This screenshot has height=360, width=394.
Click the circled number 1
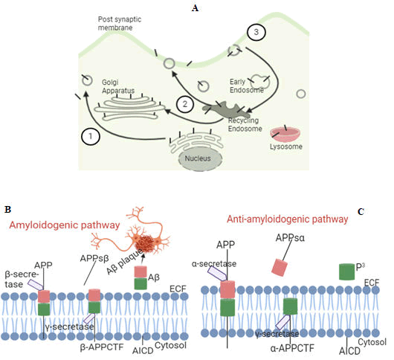[x=91, y=137]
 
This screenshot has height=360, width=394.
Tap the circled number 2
[x=185, y=104]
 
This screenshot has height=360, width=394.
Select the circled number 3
[x=256, y=32]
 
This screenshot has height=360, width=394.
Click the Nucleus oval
[x=200, y=158]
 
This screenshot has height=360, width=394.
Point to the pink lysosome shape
[x=285, y=135]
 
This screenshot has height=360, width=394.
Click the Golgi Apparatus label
[x=118, y=86]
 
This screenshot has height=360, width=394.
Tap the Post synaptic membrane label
[x=120, y=23]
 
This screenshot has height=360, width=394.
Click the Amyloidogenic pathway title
[x=65, y=225]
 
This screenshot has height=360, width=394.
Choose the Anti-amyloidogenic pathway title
[x=287, y=219]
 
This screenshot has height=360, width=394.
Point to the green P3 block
[x=346, y=271]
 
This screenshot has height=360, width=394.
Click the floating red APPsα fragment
[x=280, y=267]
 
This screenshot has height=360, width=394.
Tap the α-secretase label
[x=214, y=264]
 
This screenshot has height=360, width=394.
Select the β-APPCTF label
[x=102, y=347]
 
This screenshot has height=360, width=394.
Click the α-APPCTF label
[x=292, y=348]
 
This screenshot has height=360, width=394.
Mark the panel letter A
[x=195, y=8]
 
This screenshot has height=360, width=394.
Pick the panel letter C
[x=361, y=212]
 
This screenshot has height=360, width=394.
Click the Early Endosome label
[x=247, y=86]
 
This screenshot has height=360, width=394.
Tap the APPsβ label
[x=94, y=258]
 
